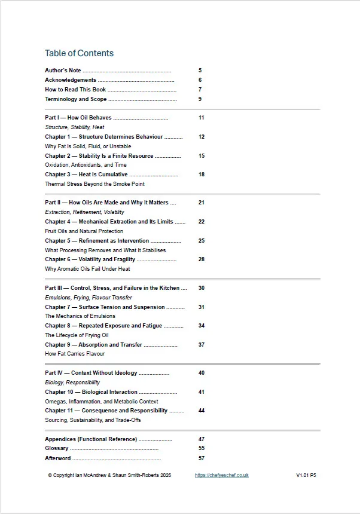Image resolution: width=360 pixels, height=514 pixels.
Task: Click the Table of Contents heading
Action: coord(79,53)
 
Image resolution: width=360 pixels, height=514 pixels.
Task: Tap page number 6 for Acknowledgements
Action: coord(200,80)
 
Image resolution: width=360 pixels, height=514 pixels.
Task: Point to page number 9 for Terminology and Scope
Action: coord(200,99)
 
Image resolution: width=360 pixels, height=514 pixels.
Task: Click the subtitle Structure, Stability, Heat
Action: coord(75,127)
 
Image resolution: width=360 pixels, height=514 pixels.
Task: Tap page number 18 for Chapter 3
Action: coord(202,175)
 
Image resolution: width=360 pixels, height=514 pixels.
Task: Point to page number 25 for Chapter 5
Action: coord(202,241)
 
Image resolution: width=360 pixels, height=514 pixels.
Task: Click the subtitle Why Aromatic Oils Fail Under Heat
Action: coord(87,269)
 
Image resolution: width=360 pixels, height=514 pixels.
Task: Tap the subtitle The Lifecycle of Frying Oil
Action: coord(77,335)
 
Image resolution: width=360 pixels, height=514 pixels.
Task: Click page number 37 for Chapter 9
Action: coord(202,345)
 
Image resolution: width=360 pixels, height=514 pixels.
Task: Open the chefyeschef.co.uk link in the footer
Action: coord(221,475)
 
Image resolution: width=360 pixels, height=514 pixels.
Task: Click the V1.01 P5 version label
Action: coord(306,475)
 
